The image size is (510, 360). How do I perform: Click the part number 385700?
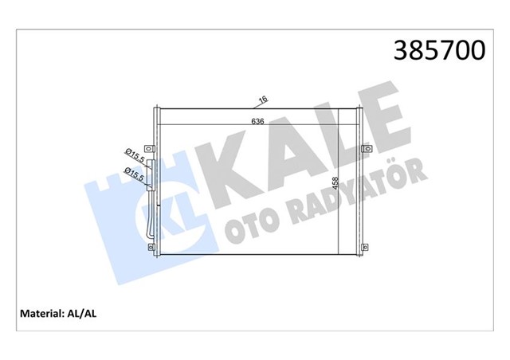[x=435, y=50]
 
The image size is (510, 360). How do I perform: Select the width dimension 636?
[x=257, y=121]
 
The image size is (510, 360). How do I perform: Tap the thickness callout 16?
[x=261, y=100]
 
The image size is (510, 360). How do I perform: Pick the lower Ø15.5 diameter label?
[x=134, y=174]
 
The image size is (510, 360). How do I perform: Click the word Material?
[x=41, y=313]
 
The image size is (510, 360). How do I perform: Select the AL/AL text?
[x=87, y=313]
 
